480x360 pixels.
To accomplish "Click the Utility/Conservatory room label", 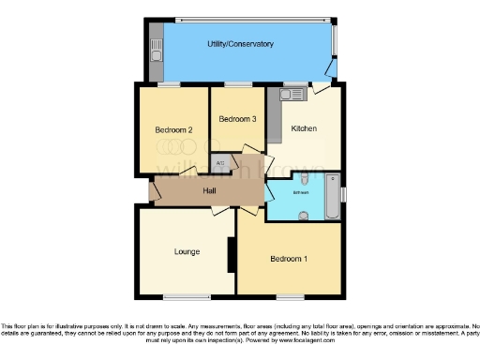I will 240,44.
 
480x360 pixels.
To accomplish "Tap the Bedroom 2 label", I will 173,129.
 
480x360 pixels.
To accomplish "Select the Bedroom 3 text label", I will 237,119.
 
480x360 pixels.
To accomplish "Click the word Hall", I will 211,191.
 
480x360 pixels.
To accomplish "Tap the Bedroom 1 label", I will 288,259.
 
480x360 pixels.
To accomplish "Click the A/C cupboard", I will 220,164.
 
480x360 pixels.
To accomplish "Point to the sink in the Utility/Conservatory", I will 155,44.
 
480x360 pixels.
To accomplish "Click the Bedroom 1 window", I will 289,297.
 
